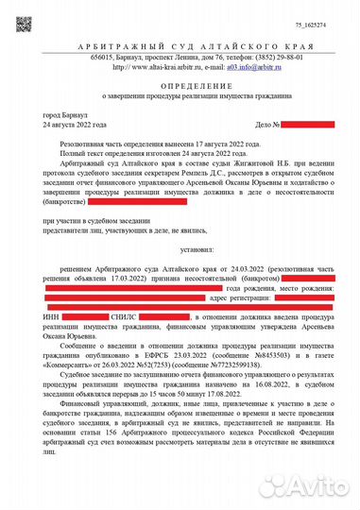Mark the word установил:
coord(180,251)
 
